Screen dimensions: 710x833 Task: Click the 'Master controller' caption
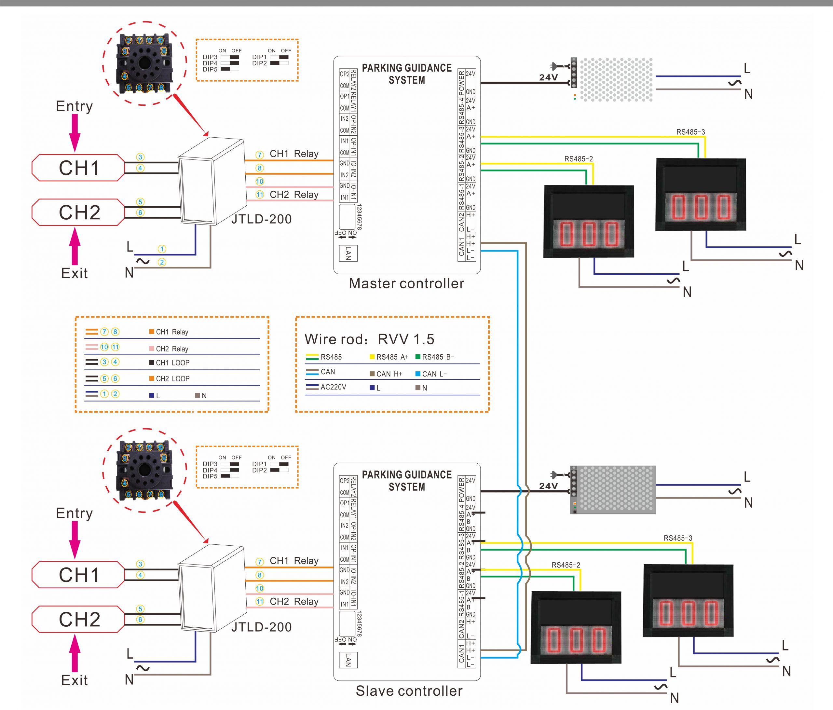pos(406,283)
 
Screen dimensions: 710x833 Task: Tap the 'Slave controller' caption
pos(409,691)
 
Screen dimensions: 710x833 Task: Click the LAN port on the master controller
pos(348,253)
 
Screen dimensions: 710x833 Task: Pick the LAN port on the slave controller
pos(348,660)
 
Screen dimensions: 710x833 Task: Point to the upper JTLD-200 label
pos(261,219)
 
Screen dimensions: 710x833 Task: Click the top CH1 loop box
pos(78,168)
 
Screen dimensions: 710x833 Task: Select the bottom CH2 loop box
pos(78,619)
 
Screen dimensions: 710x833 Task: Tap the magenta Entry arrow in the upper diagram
pos(75,133)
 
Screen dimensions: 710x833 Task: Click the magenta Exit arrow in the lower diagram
pos(75,653)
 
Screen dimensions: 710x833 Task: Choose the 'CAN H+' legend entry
pos(386,374)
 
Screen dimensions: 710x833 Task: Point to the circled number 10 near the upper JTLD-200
pos(260,181)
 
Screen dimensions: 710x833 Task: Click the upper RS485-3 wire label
pos(690,132)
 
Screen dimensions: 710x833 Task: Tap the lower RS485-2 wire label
pos(566,565)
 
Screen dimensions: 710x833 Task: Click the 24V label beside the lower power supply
pos(548,486)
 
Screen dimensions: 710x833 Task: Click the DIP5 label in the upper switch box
pos(210,70)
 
